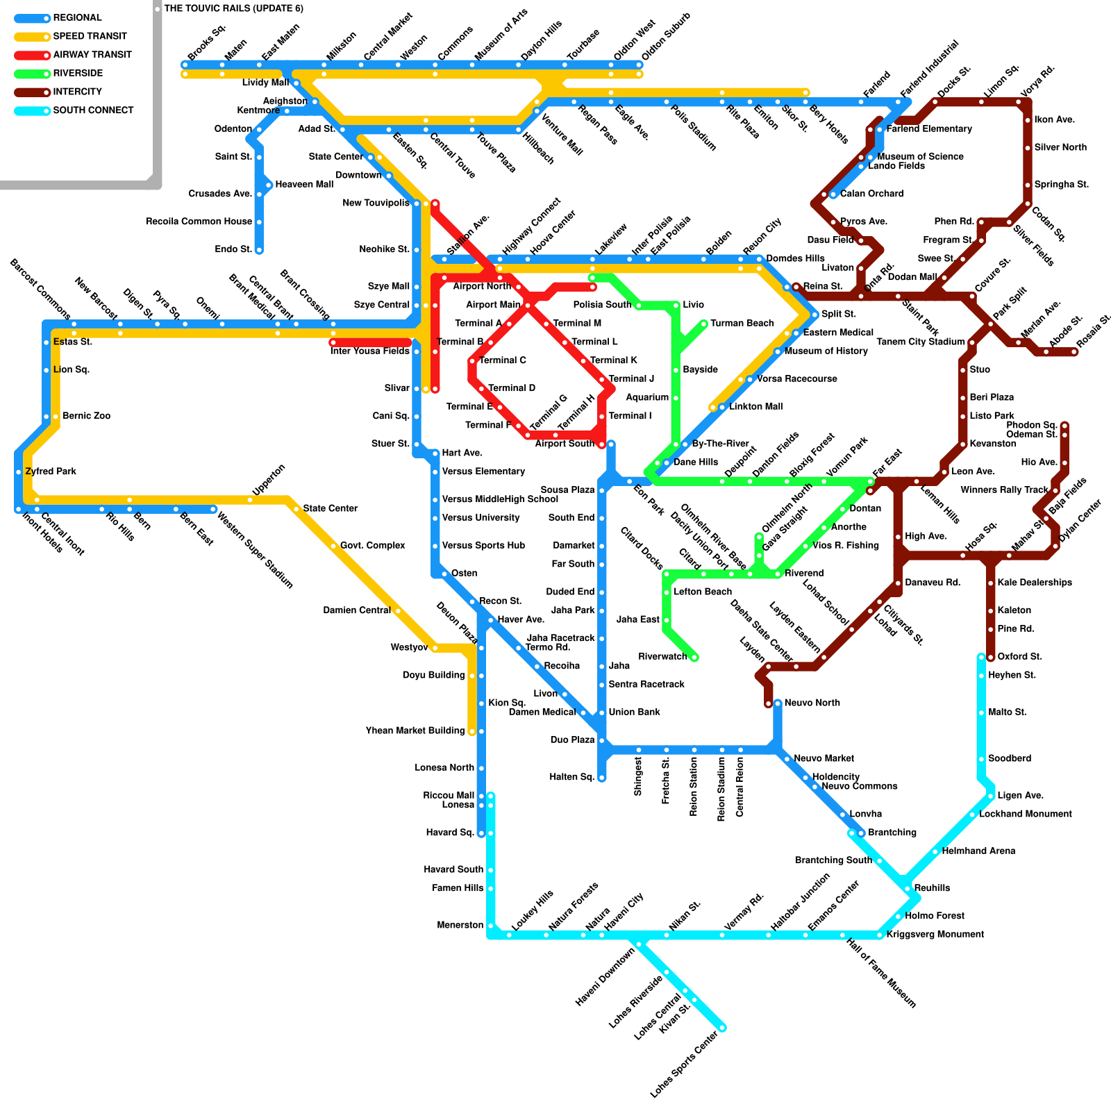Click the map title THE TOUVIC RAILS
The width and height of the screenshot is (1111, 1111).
[x=233, y=9]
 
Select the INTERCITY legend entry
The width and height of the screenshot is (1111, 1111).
[x=77, y=92]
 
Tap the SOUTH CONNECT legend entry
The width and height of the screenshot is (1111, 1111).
[x=93, y=110]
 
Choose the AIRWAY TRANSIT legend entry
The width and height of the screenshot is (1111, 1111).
[x=92, y=55]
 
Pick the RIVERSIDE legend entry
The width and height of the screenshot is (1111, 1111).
[x=78, y=74]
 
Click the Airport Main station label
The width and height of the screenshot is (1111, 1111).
[x=493, y=305]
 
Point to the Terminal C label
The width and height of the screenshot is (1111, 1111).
[x=503, y=360]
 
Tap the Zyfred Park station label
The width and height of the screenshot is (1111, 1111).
[x=51, y=471]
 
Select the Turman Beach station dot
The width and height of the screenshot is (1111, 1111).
[x=704, y=324]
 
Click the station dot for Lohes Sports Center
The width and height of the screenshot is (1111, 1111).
[x=722, y=1028]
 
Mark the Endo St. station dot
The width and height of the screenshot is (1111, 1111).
[x=259, y=250]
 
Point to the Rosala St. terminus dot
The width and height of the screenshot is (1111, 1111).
[x=1074, y=352]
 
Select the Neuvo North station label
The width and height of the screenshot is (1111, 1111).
[x=812, y=703]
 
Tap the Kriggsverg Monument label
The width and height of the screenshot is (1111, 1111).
[x=935, y=935]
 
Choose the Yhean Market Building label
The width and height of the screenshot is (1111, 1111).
[x=415, y=730]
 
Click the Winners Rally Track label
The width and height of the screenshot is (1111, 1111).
[x=1004, y=490]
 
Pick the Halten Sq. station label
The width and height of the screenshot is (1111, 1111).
[x=572, y=777]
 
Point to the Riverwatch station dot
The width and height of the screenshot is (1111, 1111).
[x=694, y=657]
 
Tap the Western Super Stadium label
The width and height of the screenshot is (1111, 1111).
[x=256, y=550]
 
